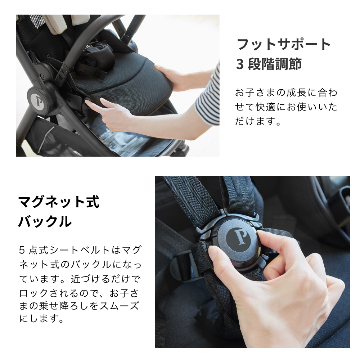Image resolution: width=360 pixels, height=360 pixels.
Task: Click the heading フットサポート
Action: tap(283, 45)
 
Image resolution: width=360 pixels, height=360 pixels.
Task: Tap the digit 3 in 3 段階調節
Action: tap(240, 64)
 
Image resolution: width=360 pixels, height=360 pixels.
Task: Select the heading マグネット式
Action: tap(59, 202)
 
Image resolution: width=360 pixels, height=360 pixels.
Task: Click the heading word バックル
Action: tap(45, 222)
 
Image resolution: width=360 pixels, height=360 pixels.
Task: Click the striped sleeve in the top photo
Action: tap(208, 95)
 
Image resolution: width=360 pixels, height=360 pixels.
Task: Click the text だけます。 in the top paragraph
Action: tap(258, 121)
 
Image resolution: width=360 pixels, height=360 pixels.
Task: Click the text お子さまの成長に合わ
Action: tap(286, 93)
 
